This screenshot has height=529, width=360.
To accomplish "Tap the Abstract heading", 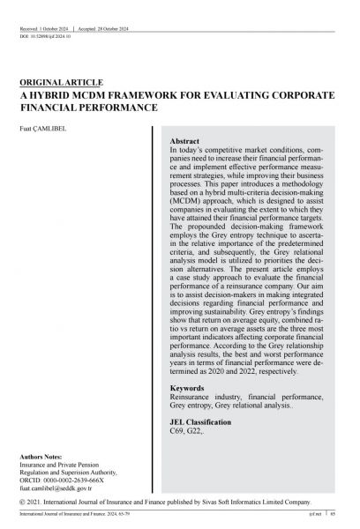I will tap(184, 141).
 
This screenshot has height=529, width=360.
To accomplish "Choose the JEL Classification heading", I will tap(201, 423).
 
